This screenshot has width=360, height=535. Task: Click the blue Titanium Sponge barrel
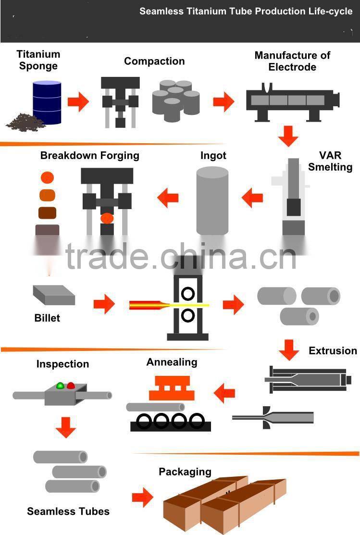coord(47,102)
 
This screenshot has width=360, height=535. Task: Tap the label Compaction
coord(154,61)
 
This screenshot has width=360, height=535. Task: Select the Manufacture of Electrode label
coord(292,61)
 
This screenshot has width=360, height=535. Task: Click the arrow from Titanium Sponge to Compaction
coord(78,102)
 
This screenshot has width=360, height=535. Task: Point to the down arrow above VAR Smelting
coord(288,136)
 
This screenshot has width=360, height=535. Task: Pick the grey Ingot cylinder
coord(212,200)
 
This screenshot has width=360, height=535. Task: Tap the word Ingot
coord(213,156)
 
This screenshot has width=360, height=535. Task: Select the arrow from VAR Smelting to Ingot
coord(252,197)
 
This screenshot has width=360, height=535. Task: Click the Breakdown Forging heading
coord(90,155)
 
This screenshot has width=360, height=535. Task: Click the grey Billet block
coord(54,295)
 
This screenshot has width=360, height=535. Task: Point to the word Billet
coord(47,318)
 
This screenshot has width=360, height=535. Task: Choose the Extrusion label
coord(333,350)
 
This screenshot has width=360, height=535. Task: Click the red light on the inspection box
coord(71,385)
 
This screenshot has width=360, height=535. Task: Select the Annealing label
coord(172,362)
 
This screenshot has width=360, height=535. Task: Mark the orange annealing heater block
coord(172,388)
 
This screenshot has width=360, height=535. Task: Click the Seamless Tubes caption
coord(68,511)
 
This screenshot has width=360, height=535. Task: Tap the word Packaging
coord(185,472)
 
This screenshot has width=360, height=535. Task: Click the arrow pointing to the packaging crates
coord(142,497)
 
